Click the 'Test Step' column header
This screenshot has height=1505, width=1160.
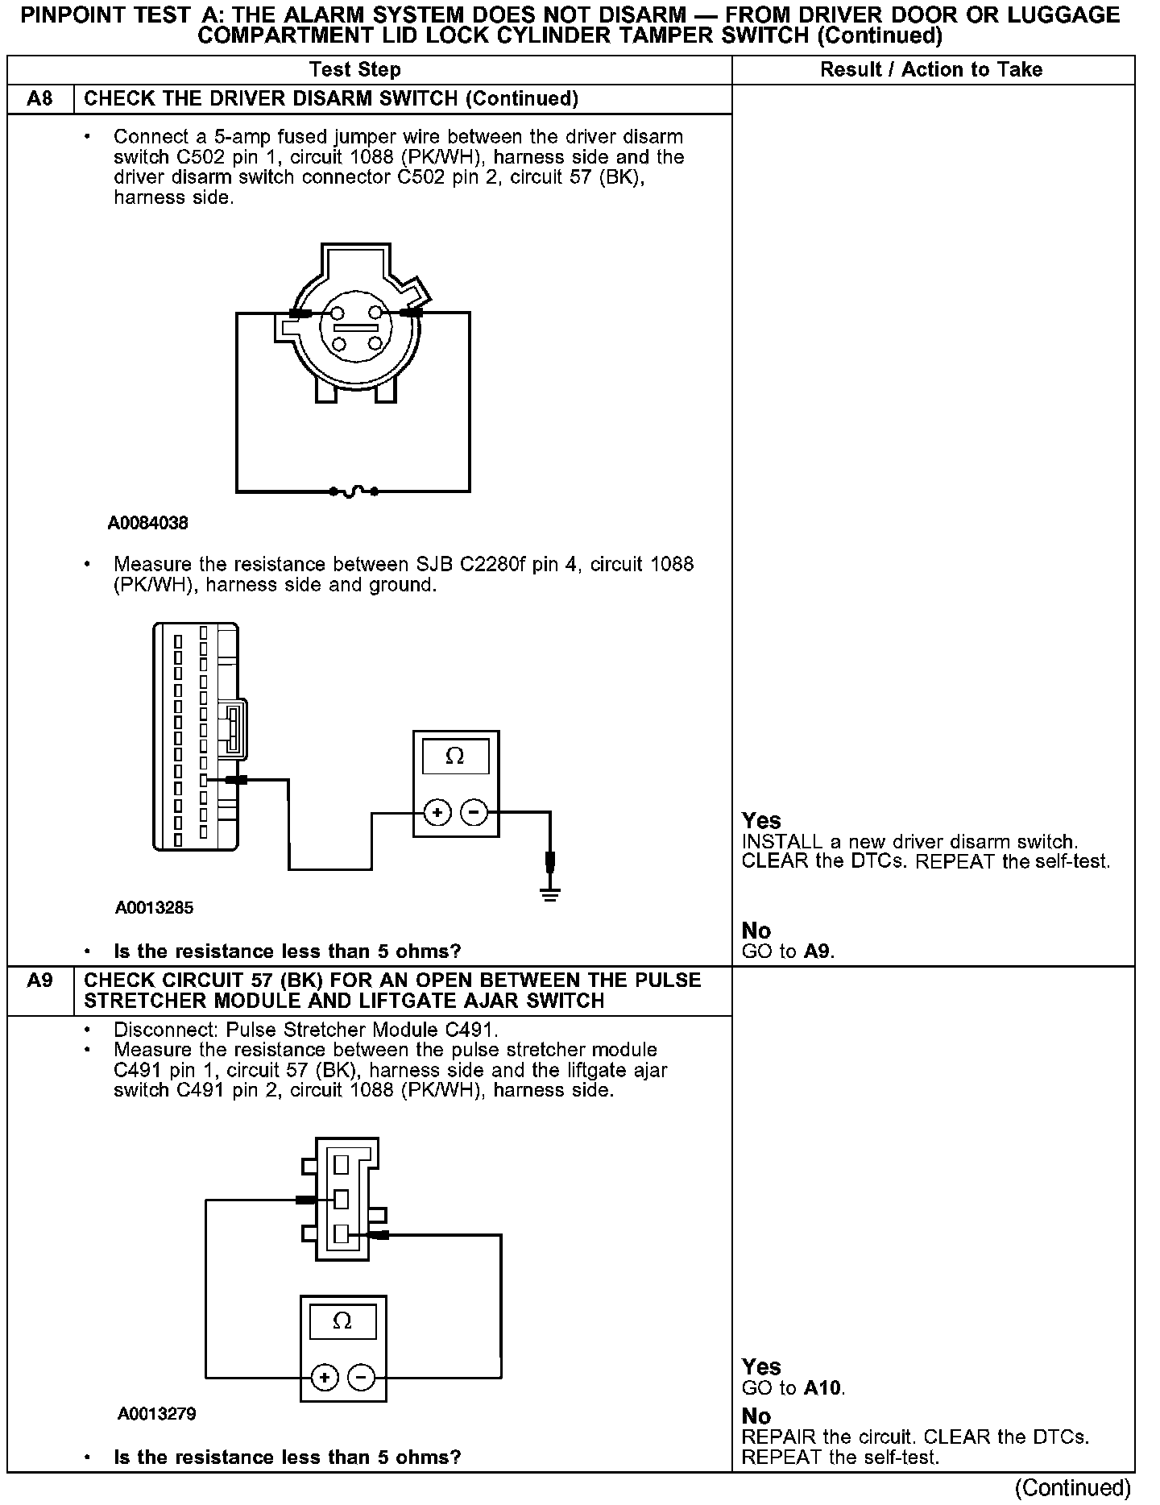tap(355, 70)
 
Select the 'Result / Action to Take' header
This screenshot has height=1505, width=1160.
tap(931, 70)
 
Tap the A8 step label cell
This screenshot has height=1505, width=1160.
tap(39, 99)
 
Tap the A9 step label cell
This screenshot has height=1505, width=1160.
tap(39, 981)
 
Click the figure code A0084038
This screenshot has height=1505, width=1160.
tap(148, 524)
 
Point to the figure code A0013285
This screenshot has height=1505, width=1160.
tap(154, 908)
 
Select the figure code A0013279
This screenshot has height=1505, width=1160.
tap(157, 1414)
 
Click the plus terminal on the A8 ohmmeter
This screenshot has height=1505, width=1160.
tap(437, 813)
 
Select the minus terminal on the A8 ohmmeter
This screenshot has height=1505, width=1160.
tap(474, 813)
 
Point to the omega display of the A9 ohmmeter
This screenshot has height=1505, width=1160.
tap(342, 1322)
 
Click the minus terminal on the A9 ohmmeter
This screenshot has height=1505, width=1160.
tap(361, 1378)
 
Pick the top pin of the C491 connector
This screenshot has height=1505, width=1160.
tap(342, 1164)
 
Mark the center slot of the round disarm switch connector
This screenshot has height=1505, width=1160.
tap(356, 328)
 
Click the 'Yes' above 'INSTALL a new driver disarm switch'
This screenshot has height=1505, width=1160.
tap(761, 821)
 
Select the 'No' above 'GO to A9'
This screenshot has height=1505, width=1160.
tap(756, 931)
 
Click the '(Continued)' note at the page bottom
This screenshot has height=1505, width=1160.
tap(1073, 1487)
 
